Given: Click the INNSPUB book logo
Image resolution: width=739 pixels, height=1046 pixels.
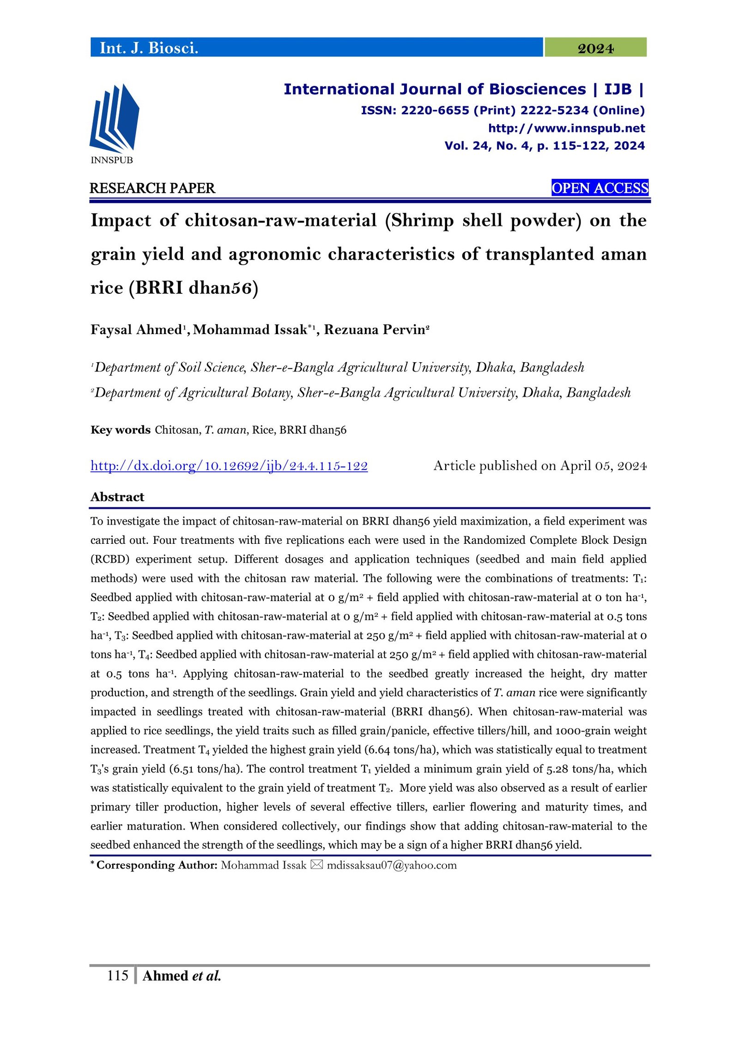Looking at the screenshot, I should pyautogui.click(x=114, y=119).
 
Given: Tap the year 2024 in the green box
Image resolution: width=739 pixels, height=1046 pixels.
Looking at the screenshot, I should pyautogui.click(x=595, y=48).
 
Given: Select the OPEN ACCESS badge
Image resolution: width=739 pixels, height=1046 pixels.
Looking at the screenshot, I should pyautogui.click(x=600, y=188).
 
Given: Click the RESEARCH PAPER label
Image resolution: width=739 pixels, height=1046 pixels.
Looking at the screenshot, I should pyautogui.click(x=152, y=188).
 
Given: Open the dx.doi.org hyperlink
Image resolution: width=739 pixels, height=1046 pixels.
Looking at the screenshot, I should pyautogui.click(x=229, y=466).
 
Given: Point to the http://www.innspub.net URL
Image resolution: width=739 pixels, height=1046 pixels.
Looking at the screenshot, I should pyautogui.click(x=566, y=128).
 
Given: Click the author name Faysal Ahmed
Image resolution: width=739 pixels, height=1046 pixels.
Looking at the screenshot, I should pyautogui.click(x=137, y=329).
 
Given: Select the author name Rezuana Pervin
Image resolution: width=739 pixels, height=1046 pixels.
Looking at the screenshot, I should pyautogui.click(x=375, y=329).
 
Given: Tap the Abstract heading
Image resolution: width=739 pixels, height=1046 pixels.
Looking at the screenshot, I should pyautogui.click(x=117, y=497).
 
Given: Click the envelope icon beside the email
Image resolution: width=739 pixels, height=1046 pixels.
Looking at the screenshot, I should pyautogui.click(x=316, y=865).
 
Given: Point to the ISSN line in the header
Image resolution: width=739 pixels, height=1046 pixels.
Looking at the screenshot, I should pyautogui.click(x=503, y=110).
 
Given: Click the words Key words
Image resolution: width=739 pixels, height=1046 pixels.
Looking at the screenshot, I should pyautogui.click(x=121, y=430).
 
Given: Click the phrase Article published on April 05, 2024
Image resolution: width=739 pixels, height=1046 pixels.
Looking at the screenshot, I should pyautogui.click(x=539, y=466).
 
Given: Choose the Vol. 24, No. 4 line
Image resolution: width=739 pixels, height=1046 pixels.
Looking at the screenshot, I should pyautogui.click(x=544, y=146).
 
